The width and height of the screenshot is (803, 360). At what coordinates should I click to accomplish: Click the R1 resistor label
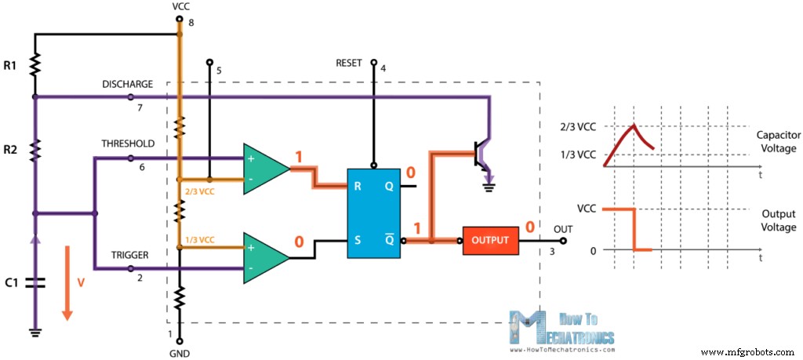(x=12, y=66)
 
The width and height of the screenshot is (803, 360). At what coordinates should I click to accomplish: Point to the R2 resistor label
(x=12, y=147)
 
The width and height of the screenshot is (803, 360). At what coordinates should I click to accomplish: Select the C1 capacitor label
(x=12, y=284)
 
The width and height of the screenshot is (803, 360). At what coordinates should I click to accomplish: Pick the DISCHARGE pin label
(x=127, y=84)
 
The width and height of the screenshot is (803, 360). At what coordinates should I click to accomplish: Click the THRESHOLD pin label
(x=127, y=144)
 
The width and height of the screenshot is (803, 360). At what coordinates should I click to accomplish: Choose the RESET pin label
(x=349, y=64)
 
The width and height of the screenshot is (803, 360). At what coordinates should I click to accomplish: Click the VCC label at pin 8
(x=180, y=7)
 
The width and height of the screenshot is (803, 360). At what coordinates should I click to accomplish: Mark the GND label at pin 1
(x=180, y=353)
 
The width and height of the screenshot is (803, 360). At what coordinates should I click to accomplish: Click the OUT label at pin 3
(x=564, y=229)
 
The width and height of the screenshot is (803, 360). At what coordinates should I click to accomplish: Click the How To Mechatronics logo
(x=561, y=329)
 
